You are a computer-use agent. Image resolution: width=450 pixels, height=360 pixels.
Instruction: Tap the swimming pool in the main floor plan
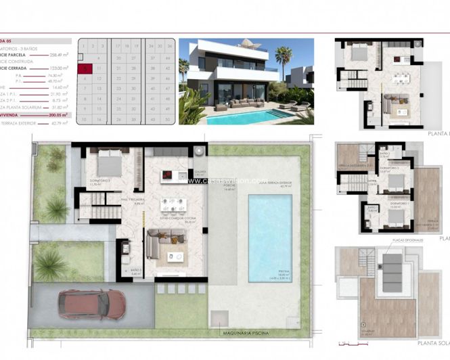click(269, 237)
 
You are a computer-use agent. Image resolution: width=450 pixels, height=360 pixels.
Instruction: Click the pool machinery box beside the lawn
click(221, 317)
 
